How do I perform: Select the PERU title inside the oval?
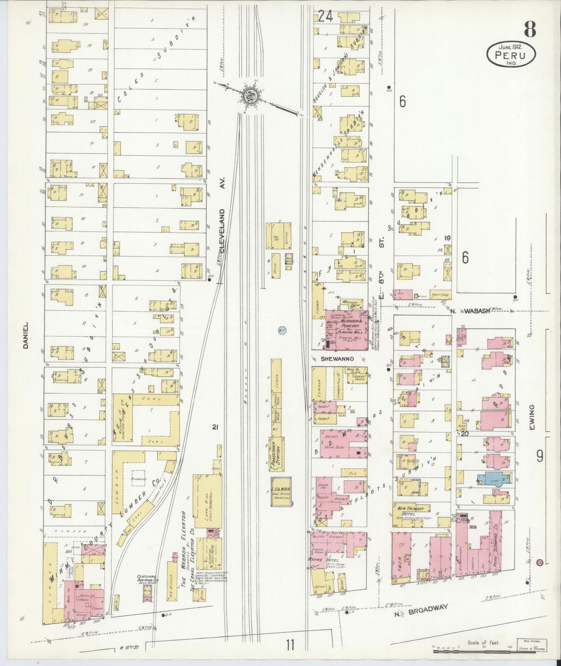511,56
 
